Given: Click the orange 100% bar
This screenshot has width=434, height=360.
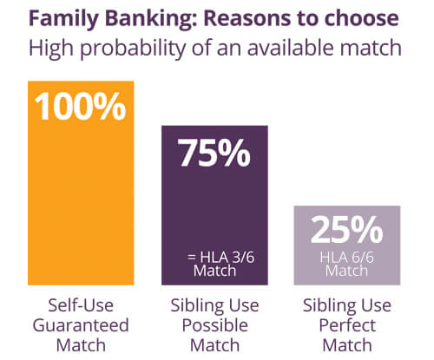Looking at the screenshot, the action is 81,183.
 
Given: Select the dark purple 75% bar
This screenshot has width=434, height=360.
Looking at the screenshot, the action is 214,206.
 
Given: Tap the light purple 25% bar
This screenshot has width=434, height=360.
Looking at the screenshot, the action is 347,245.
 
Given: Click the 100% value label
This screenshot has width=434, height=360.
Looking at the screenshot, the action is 80,106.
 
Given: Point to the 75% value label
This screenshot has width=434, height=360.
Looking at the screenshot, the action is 214,153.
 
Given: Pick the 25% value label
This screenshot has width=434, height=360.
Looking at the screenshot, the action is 347,230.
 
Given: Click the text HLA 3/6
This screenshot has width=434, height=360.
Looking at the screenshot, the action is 227,257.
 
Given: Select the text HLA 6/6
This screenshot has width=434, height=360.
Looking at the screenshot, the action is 346,257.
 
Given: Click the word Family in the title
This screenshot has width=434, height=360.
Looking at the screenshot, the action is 64,19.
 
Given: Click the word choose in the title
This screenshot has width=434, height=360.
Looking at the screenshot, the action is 361,18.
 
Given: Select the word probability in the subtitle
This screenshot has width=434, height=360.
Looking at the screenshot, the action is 133,49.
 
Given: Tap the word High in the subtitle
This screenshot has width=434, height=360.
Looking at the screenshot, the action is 51,49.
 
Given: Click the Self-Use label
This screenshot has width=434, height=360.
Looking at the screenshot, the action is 81,305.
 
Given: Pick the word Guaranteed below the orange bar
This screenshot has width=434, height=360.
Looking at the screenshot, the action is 81,325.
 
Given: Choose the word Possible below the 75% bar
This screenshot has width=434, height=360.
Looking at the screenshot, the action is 215,325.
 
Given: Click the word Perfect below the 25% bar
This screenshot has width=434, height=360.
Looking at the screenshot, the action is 347,325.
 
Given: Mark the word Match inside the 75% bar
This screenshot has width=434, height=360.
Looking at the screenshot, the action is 214,271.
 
